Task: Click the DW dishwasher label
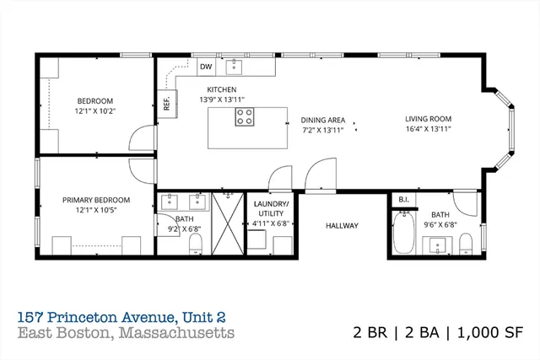click(x=206, y=67)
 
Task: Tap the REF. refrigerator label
click(x=167, y=102)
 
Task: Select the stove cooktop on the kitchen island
click(x=246, y=117)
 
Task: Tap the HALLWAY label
click(x=343, y=225)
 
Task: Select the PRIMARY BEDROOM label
click(x=96, y=200)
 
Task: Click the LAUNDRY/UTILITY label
click(x=271, y=210)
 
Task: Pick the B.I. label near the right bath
click(x=402, y=200)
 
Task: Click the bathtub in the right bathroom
click(x=402, y=234)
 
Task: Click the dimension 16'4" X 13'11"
click(x=428, y=130)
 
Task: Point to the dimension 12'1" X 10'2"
click(x=96, y=109)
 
